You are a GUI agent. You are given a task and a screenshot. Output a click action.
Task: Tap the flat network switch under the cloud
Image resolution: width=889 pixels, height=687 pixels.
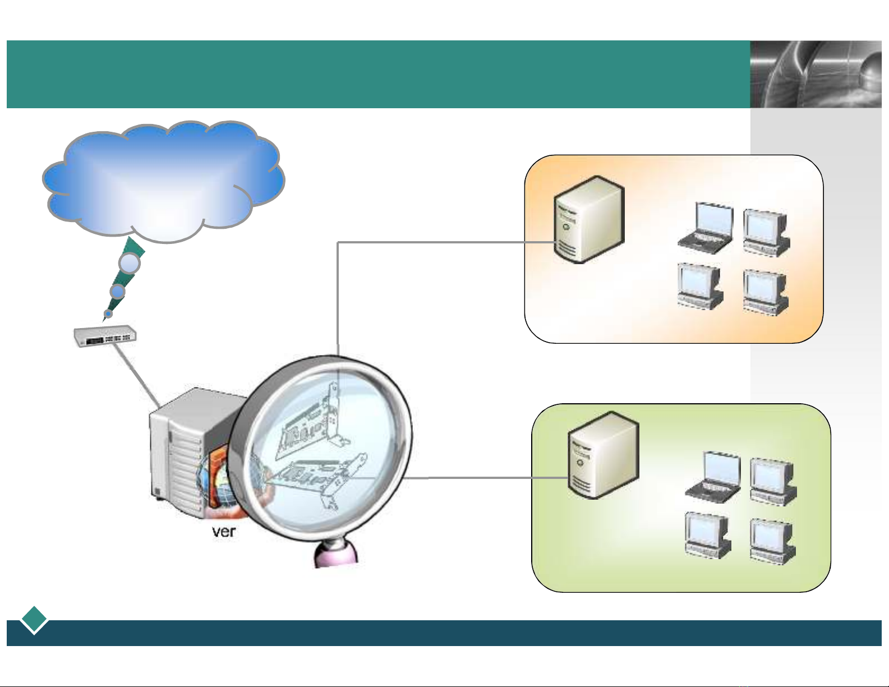click(105, 336)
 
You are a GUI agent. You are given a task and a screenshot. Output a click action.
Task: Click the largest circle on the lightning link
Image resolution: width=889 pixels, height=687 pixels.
click(130, 263)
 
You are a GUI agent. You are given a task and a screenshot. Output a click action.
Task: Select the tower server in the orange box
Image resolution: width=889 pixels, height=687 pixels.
click(588, 220)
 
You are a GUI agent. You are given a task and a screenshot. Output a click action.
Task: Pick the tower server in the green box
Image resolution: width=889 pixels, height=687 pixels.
click(603, 455)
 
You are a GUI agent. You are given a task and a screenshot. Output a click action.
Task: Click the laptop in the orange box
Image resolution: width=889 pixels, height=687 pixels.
click(706, 227)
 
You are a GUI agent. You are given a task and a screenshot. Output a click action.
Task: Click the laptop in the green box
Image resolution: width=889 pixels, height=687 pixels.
click(713, 476)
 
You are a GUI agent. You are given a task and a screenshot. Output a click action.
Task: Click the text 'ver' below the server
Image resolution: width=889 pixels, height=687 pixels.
click(223, 532)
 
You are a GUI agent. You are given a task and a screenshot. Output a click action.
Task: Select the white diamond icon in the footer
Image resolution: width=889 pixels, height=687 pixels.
click(34, 620)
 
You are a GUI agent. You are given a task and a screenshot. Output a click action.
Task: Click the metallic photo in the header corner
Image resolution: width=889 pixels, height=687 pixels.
click(816, 74)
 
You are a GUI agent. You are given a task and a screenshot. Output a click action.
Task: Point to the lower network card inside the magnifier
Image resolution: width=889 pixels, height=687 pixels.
click(314, 479)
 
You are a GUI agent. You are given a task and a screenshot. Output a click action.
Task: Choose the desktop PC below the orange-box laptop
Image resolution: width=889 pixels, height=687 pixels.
click(699, 286)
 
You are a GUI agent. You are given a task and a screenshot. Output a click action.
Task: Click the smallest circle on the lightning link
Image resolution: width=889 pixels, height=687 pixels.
click(108, 313)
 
